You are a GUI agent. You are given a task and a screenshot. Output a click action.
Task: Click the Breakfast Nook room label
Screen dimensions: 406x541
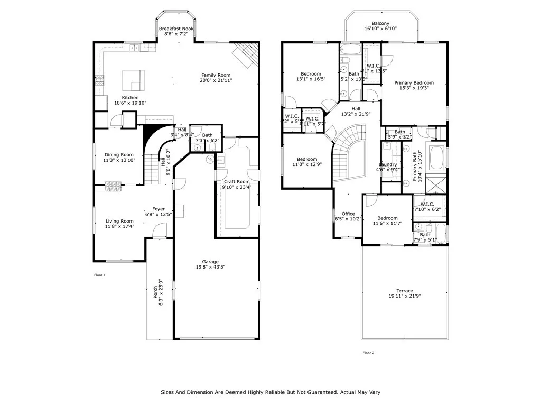pos(176,29)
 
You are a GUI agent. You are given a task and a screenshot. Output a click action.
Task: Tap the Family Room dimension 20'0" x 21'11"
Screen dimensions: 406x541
pos(216,81)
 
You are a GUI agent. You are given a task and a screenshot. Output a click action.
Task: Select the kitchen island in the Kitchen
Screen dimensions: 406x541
pos(134,80)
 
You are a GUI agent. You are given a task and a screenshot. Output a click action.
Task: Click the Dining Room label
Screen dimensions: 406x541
pos(119,154)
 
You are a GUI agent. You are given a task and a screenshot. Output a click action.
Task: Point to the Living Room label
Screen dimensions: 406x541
pos(119,221)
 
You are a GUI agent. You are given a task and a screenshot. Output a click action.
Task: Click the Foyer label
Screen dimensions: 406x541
pos(158,209)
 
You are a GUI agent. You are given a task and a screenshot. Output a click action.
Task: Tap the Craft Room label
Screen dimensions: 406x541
pos(236,182)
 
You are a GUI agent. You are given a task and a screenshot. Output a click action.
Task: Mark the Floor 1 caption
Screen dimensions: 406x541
pos(100,275)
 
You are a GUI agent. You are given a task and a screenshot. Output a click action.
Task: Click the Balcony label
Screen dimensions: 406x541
pos(380,23)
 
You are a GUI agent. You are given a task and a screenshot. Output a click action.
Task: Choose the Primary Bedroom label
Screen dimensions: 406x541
pos(414,83)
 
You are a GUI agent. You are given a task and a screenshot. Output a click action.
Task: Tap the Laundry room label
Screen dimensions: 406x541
pos(388,164)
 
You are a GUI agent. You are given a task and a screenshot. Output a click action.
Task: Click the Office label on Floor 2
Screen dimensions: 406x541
pos(348,214)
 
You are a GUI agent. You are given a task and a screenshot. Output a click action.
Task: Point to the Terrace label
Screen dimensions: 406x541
pos(405,291)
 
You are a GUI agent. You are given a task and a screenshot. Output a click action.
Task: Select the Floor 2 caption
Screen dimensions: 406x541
pos(368,353)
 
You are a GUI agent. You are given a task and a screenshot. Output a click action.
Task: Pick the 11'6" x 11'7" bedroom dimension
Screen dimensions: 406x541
pos(387,224)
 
